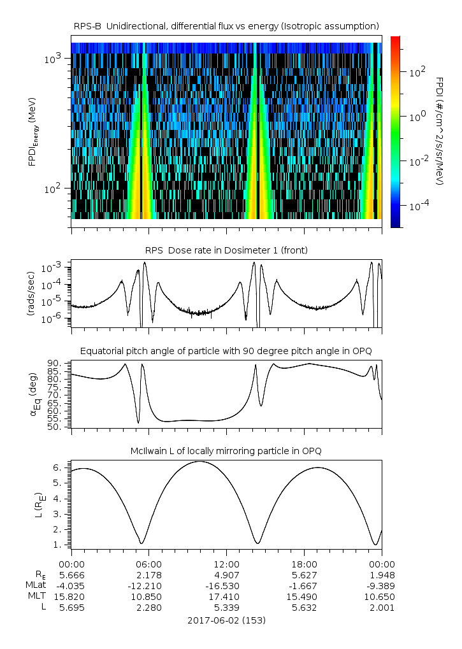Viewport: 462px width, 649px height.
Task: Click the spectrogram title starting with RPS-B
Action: tap(226, 25)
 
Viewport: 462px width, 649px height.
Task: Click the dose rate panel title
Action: tap(226, 250)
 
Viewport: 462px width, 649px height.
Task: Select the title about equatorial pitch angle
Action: tap(226, 351)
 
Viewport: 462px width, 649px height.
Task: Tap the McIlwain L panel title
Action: tap(226, 451)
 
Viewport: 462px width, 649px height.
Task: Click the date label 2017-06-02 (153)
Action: tap(226, 620)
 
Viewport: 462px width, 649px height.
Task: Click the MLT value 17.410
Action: tap(226, 597)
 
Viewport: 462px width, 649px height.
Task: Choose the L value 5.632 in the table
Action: tap(304, 608)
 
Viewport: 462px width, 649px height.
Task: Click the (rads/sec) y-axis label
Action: tap(30, 293)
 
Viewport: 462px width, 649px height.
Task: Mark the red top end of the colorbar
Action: tap(395, 39)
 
